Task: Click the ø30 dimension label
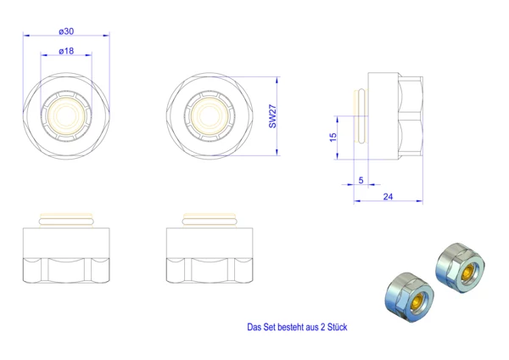(x=66, y=31)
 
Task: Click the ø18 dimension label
(x=66, y=51)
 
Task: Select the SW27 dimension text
(x=272, y=116)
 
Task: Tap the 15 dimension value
(x=333, y=137)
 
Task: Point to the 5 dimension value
(x=361, y=180)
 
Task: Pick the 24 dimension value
(x=388, y=197)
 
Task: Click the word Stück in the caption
(x=338, y=327)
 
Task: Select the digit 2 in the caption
(x=322, y=327)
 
